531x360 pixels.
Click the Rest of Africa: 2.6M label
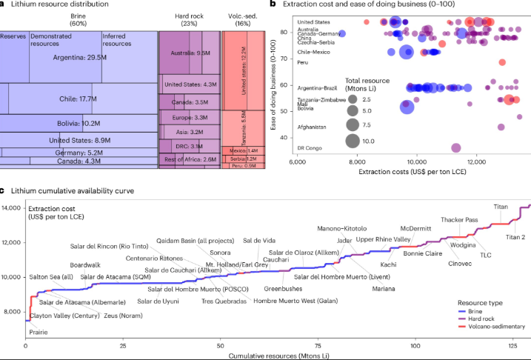(x=190, y=159)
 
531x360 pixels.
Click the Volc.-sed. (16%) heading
(x=243, y=18)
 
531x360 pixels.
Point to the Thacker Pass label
(x=461, y=220)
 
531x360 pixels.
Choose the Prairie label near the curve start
(x=38, y=333)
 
